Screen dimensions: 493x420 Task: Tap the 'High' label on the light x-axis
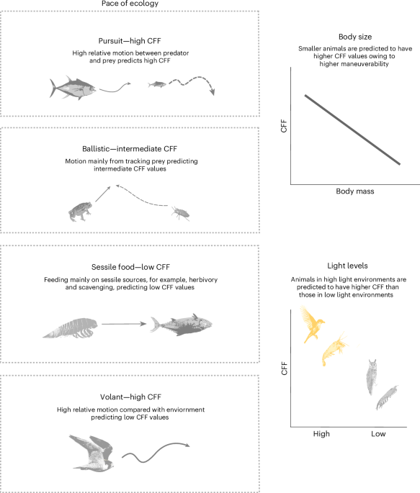tap(322, 435)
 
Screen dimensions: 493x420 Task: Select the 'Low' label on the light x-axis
tap(377, 435)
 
